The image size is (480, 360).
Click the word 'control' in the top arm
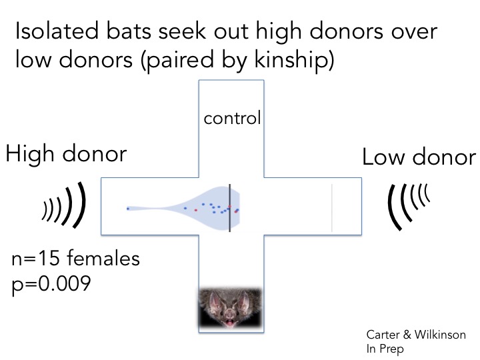[231, 119]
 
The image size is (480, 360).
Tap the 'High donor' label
[66, 155]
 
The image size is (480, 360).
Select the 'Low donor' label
[419, 158]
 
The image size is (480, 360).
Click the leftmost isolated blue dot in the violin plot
[127, 209]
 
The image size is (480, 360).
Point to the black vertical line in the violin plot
[229, 207]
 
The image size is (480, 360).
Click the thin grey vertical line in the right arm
[332, 207]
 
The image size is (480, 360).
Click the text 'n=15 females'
[76, 259]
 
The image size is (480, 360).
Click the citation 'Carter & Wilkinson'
[415, 335]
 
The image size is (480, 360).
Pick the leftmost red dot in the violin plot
[196, 210]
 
